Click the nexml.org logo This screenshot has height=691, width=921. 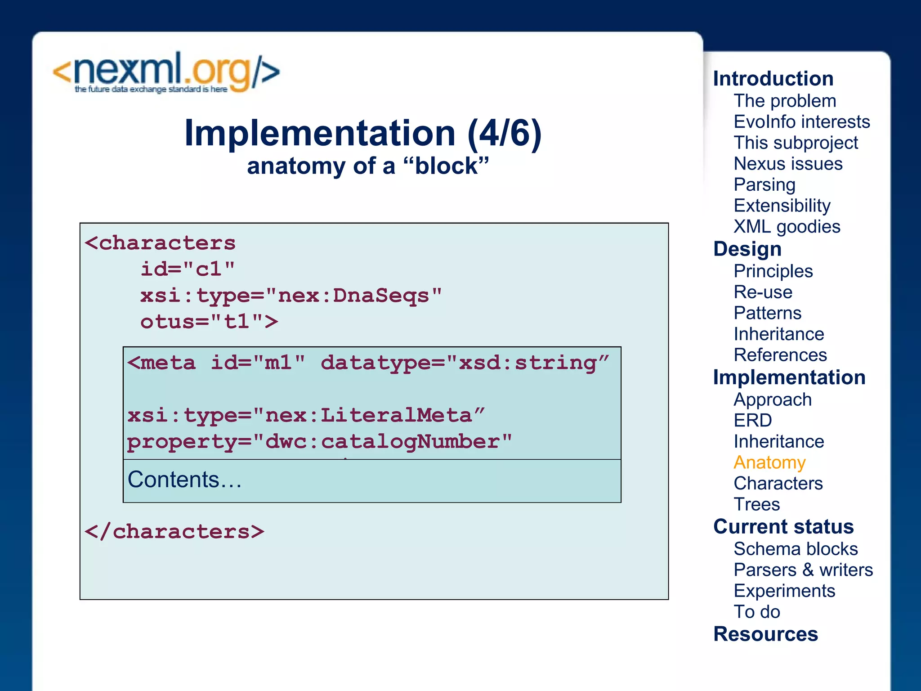pos(166,73)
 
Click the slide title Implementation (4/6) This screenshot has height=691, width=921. pos(362,134)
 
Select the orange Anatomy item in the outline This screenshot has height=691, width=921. pos(769,462)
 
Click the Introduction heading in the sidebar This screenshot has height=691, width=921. pos(773,79)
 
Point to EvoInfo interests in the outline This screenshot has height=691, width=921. pos(801,122)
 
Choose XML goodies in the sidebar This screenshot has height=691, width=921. pos(787,227)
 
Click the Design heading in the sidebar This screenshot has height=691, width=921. pos(747,249)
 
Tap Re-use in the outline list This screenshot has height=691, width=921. pos(763,292)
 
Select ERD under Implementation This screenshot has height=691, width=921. pos(752,421)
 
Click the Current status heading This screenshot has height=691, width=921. pos(783,527)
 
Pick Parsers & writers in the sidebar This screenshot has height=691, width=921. pos(803,570)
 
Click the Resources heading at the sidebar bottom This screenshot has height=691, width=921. pos(765,634)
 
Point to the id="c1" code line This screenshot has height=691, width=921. pos(187,269)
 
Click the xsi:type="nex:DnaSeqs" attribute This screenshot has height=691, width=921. pos(291,296)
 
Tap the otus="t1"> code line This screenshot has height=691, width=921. pos(209,322)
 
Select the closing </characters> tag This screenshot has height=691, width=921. pos(174,532)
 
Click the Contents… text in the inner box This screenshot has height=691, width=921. pos(184,480)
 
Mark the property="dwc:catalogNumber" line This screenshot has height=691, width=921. pos(319,442)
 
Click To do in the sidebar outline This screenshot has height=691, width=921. pos(756,612)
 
